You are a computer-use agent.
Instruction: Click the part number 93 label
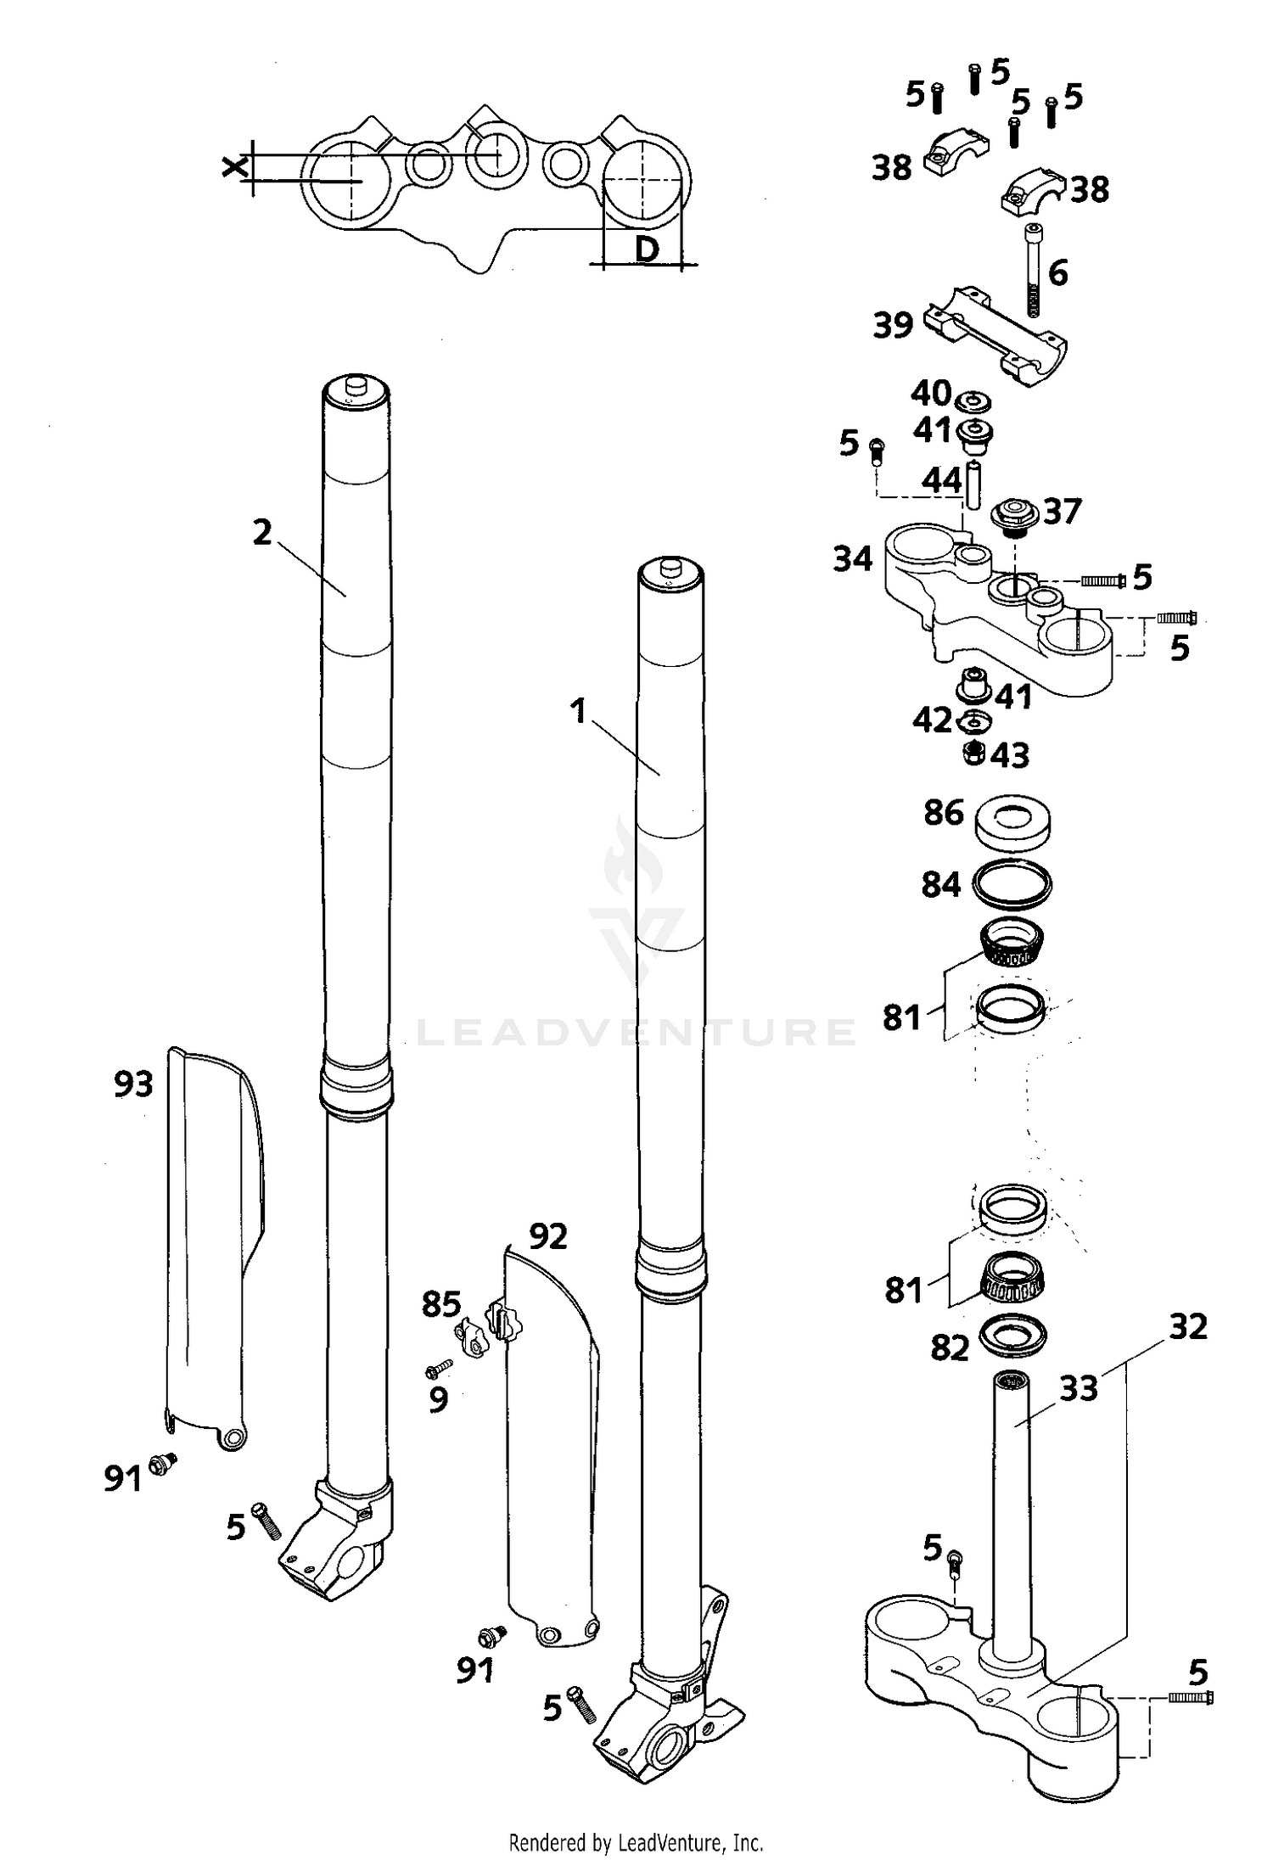[x=133, y=1084]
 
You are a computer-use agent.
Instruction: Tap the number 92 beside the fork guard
[x=547, y=1237]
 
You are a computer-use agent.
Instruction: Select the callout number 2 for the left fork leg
[x=262, y=533]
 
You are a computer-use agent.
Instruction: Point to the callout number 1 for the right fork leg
[x=579, y=711]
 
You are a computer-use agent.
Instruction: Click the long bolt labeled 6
[x=1033, y=272]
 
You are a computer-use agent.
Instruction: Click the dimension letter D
[x=647, y=249]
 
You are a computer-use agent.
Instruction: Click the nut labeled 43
[x=975, y=752]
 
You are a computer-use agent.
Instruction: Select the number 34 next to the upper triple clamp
[x=852, y=559]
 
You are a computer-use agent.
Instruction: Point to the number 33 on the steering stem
[x=1078, y=1388]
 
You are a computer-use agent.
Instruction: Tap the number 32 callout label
[x=1187, y=1326]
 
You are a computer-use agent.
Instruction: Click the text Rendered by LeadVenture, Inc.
[x=636, y=1842]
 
